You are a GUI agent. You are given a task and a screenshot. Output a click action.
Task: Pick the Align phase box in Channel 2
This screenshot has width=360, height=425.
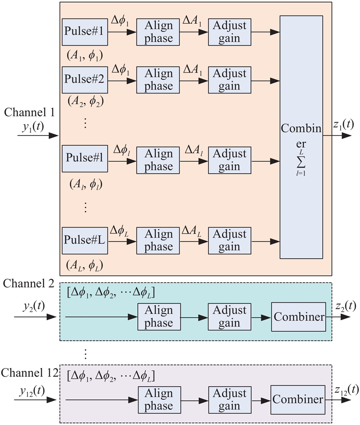(159, 316)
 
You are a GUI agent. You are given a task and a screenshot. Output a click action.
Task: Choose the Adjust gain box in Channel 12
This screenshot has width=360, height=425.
(229, 399)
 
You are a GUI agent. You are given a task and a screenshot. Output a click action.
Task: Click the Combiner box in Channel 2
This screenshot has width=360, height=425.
(298, 316)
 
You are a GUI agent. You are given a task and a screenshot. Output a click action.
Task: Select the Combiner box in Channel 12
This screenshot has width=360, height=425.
(298, 399)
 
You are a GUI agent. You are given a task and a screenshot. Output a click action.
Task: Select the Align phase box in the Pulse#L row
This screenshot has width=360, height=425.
(159, 240)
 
